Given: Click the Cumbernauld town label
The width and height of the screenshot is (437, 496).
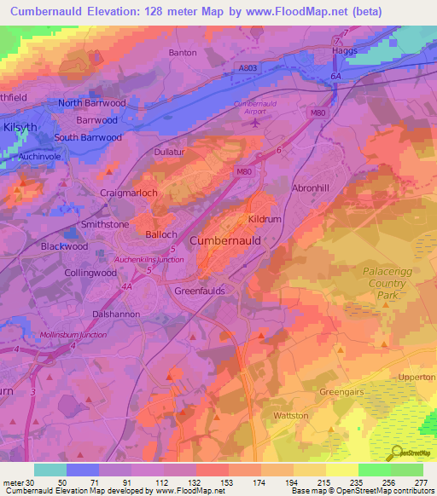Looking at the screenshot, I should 224,241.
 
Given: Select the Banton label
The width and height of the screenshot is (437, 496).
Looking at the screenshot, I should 183,53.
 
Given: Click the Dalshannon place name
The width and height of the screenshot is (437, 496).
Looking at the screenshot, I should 116,314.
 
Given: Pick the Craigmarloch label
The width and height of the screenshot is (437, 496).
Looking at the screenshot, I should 129,193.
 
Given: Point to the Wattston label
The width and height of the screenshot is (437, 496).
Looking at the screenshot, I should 290,415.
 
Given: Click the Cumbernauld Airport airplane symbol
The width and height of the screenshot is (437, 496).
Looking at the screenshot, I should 256,122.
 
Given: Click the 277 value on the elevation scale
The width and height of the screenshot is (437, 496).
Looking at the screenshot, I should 422,482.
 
